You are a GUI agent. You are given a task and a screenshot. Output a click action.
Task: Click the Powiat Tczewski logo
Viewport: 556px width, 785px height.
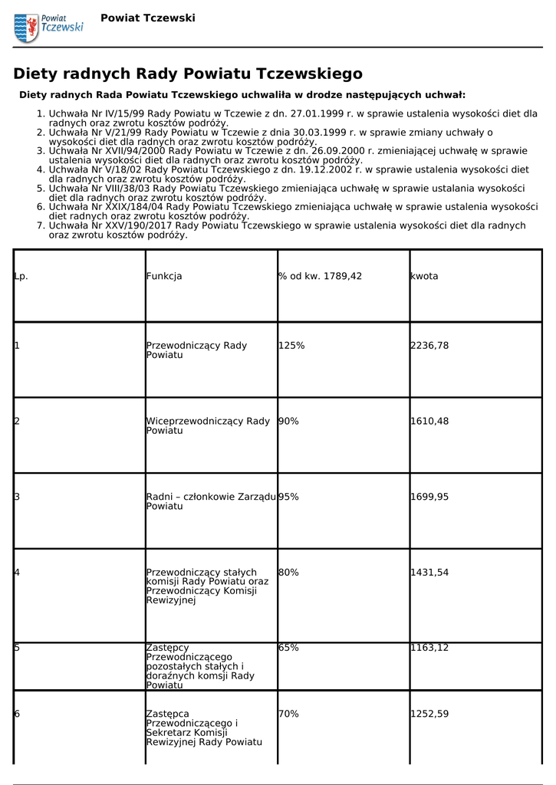click(x=48, y=27)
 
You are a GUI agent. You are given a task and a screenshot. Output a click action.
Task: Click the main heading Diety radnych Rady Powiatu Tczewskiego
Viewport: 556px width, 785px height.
click(x=188, y=74)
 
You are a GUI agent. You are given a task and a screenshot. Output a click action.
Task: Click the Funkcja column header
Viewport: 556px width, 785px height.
click(x=164, y=276)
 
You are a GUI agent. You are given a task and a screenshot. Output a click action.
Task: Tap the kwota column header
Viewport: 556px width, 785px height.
click(x=424, y=276)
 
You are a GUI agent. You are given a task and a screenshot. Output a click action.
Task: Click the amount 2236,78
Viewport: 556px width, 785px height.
click(x=429, y=346)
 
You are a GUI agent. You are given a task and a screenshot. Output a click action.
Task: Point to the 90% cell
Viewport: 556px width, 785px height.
click(x=288, y=421)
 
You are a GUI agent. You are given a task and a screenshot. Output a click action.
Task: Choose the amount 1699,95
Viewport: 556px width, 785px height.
click(x=429, y=497)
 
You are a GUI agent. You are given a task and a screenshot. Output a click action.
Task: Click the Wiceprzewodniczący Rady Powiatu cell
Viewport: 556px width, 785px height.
click(x=208, y=425)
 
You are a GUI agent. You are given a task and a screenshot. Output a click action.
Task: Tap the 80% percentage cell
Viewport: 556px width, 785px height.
click(x=288, y=572)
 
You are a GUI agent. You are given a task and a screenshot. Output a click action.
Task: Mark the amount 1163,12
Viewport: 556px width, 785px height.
click(x=429, y=648)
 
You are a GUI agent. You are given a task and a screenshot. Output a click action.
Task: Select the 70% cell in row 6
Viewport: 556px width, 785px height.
click(x=288, y=714)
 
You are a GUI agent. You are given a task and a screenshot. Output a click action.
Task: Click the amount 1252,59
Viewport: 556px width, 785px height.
click(x=429, y=714)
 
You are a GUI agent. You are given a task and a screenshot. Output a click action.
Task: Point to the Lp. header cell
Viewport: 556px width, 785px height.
click(x=21, y=276)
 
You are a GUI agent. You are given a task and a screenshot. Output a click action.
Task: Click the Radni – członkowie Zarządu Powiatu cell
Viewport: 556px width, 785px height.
click(x=211, y=501)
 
